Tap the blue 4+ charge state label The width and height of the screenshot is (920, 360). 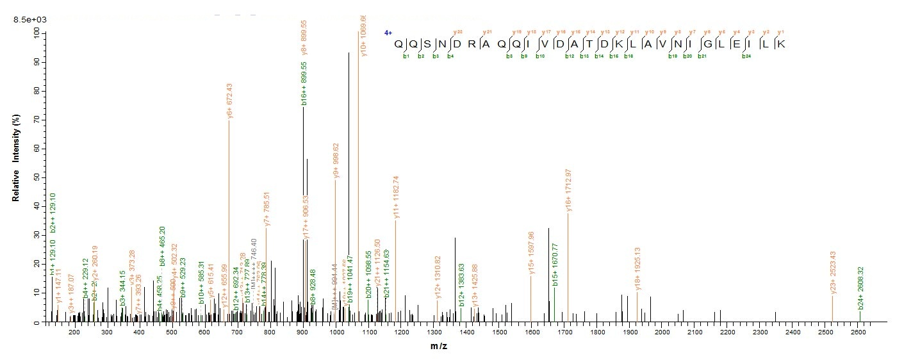coord(388,33)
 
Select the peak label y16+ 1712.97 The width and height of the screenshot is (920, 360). coord(568,192)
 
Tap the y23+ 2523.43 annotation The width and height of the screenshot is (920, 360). coord(834,272)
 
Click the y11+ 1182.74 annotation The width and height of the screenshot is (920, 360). coord(396,198)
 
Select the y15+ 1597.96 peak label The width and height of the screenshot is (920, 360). coord(532,254)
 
